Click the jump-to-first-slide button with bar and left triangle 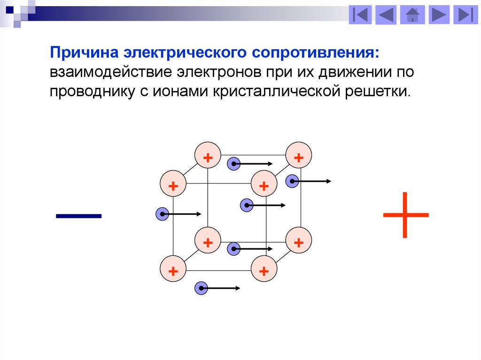(x=360, y=15)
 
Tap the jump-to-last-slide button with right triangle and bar (x=465, y=15)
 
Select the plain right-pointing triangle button (x=438, y=15)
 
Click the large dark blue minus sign (x=78, y=216)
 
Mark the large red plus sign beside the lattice (x=405, y=215)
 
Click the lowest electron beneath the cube (x=201, y=288)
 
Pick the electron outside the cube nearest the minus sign (x=162, y=214)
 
